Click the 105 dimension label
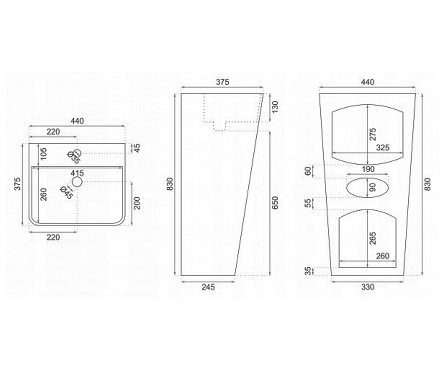(43, 154)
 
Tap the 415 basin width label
(77, 173)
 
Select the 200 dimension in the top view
(138, 203)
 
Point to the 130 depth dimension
(275, 107)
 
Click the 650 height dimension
(275, 203)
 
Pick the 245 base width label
(208, 287)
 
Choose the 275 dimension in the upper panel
(373, 134)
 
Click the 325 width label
(383, 148)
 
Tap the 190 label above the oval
(368, 169)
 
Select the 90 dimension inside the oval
(373, 188)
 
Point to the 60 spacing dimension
(308, 171)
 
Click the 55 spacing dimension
(308, 203)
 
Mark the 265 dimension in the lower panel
(373, 239)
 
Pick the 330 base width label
(368, 287)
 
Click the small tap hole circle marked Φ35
(77, 153)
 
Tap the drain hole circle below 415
(77, 182)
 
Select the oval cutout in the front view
(367, 178)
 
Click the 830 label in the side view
(170, 184)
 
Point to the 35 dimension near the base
(308, 271)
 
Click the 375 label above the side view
(222, 82)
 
